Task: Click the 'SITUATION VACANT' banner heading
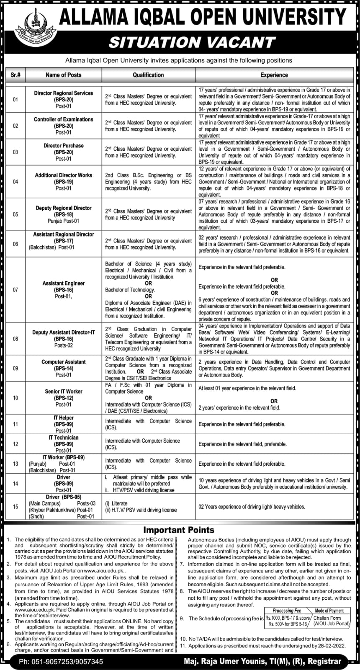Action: (x=192, y=42)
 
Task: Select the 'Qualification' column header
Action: (x=148, y=75)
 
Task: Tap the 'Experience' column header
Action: (x=274, y=75)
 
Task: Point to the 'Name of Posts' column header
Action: (x=64, y=75)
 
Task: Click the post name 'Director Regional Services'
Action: (x=64, y=93)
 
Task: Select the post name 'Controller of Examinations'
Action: (x=64, y=119)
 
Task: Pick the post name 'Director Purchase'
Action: (x=64, y=146)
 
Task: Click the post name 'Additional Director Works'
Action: (x=64, y=175)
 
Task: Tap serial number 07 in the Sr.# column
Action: (x=15, y=290)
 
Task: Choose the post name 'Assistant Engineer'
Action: (x=64, y=283)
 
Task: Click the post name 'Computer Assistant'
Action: (x=64, y=362)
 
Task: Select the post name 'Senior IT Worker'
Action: (x=64, y=392)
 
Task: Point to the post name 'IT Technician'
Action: (x=64, y=438)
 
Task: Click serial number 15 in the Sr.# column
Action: (x=15, y=507)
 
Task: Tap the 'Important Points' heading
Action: (x=179, y=530)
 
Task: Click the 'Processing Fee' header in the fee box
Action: (x=287, y=611)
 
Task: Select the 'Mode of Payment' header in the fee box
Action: (x=329, y=611)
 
